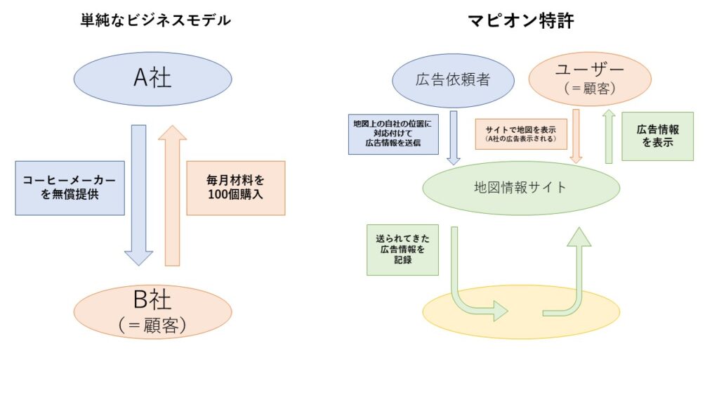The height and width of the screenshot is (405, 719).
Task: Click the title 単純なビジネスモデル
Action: (154, 20)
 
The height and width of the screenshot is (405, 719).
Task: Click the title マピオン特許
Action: (521, 21)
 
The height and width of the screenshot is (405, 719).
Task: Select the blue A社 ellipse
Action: (152, 79)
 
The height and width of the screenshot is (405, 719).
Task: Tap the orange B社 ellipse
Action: (152, 311)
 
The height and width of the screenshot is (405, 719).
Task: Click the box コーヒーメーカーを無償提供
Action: (70, 188)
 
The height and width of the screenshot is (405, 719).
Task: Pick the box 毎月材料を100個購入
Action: (236, 188)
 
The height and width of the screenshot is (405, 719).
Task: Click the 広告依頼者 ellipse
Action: (454, 80)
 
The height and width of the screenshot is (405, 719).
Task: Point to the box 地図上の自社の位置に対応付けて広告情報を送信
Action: (393, 134)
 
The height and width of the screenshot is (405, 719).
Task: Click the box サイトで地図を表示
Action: (520, 134)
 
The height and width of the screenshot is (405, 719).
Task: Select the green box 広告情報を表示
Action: (657, 136)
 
